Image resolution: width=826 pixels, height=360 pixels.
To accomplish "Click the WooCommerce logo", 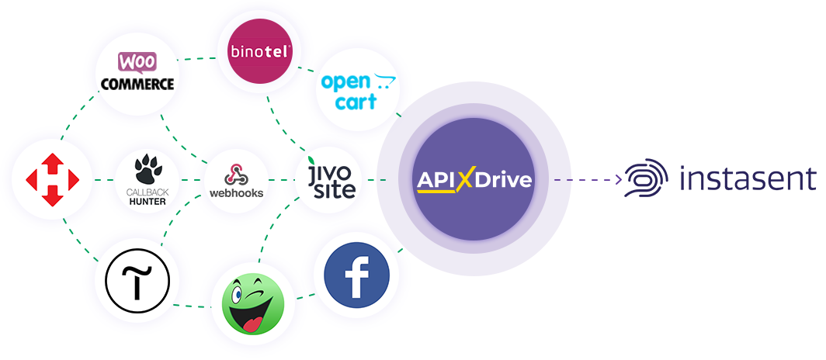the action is pyautogui.click(x=137, y=71).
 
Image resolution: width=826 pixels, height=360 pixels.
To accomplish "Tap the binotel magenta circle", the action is pyautogui.click(x=258, y=51).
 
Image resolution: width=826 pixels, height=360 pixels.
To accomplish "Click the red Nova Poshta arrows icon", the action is pyautogui.click(x=52, y=180).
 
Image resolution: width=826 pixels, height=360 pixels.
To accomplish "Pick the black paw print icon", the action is pyautogui.click(x=145, y=169).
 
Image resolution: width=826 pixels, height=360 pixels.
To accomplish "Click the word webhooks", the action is pyautogui.click(x=236, y=192).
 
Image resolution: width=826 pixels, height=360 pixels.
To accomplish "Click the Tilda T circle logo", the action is pyautogui.click(x=137, y=281).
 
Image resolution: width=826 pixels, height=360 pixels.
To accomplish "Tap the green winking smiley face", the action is pyautogui.click(x=252, y=303).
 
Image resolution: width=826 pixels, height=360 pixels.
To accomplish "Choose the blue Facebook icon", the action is pyautogui.click(x=356, y=275).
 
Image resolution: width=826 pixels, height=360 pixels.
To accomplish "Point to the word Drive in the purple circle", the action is pyautogui.click(x=502, y=181).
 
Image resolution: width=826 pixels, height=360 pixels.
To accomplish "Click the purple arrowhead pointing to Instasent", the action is pyautogui.click(x=619, y=180).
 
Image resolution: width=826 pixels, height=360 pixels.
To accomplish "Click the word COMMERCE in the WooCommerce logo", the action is pyautogui.click(x=137, y=83).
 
